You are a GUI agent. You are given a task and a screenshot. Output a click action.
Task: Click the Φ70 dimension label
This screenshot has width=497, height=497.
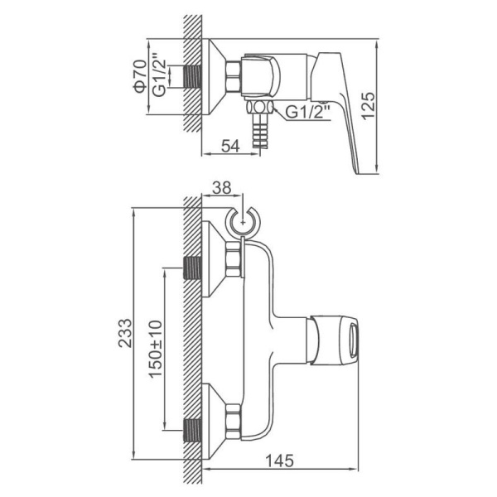click(x=141, y=76)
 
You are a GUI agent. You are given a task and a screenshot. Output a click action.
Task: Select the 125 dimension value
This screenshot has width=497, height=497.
click(x=368, y=106)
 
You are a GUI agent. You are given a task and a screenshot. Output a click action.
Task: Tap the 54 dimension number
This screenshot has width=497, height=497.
click(x=230, y=146)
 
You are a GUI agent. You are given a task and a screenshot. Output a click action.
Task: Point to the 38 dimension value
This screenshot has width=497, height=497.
click(x=221, y=188)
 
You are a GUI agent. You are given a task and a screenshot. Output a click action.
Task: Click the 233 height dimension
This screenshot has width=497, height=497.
click(x=124, y=334)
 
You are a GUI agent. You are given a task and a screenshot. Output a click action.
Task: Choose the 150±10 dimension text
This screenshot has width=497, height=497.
click(x=156, y=350)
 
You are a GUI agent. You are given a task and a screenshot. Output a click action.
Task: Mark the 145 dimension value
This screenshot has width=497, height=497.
click(x=279, y=461)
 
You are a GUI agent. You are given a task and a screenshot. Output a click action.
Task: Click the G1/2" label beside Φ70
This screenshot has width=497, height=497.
click(x=159, y=75)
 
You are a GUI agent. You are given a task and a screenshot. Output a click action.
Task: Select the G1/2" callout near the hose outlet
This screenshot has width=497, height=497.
click(x=308, y=112)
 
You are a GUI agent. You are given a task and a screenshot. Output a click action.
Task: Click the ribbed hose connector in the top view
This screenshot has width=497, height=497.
click(x=259, y=130)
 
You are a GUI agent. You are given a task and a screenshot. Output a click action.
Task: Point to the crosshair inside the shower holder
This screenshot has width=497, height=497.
click(x=243, y=222)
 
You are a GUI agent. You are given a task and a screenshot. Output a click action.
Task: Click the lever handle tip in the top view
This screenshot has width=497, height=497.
click(x=358, y=171)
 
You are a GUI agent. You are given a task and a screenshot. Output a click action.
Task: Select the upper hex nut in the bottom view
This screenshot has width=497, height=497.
click(x=233, y=259)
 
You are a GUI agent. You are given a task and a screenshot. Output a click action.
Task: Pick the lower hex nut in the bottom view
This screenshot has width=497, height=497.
click(x=233, y=422)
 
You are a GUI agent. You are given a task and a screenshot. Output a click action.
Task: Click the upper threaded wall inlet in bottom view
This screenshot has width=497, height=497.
click(x=192, y=268)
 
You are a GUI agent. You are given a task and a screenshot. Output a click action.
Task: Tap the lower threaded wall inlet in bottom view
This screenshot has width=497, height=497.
click(x=192, y=430)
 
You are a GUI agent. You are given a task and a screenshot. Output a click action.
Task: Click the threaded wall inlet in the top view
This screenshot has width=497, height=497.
click(x=192, y=76)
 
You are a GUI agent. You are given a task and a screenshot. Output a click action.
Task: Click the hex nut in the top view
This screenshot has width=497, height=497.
click(x=234, y=76)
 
